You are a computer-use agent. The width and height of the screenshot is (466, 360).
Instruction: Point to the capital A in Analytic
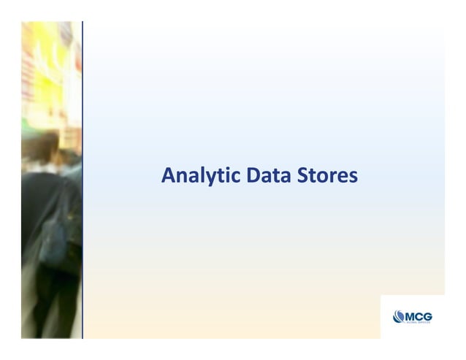click(x=167, y=176)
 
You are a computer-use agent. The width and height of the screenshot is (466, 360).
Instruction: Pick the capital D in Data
click(x=253, y=176)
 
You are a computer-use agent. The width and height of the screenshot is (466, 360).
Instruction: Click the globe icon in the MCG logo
click(x=398, y=316)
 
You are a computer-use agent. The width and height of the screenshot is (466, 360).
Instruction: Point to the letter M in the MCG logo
click(x=409, y=315)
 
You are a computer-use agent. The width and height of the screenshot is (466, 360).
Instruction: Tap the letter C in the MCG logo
click(x=418, y=315)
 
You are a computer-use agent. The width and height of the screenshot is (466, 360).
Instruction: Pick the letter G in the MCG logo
click(x=427, y=315)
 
